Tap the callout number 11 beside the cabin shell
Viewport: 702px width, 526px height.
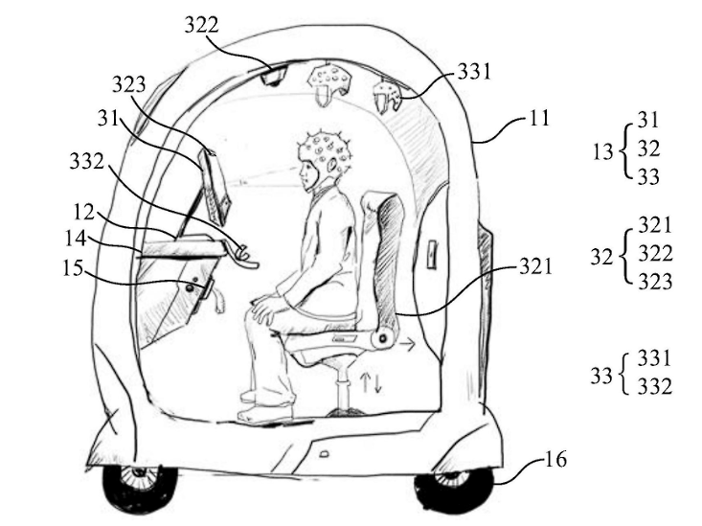[x=539, y=122]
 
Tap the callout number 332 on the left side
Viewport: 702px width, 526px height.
[x=88, y=164]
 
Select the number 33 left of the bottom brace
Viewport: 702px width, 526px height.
[x=600, y=374]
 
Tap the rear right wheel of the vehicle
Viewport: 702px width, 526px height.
[x=452, y=489]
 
